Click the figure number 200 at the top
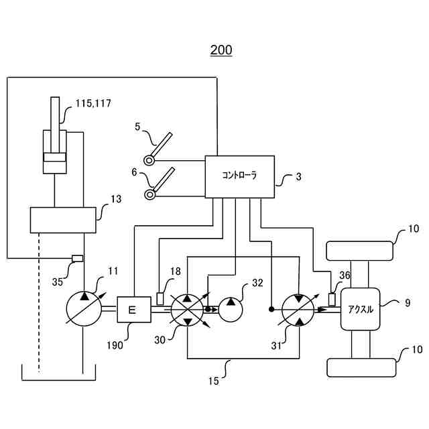pos(221,50)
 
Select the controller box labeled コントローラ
pos(239,177)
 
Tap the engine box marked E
pos(131,310)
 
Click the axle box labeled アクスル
pos(361,309)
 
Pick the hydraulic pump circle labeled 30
pos(188,310)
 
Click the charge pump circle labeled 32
pos(231,310)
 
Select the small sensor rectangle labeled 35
pos(77,259)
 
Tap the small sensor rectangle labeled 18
pos(160,297)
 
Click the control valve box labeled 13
pos(63,220)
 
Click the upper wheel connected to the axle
pos(361,251)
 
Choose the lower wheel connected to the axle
pos(361,368)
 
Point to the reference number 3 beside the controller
pos(298,178)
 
